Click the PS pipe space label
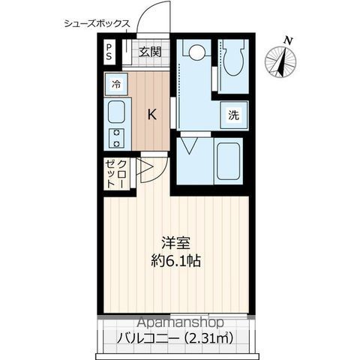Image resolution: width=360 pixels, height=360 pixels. click(x=109, y=52)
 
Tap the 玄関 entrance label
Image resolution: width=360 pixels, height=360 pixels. click(x=150, y=52)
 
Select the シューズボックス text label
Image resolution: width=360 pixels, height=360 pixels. click(x=97, y=24)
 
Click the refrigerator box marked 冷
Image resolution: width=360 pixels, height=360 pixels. click(x=116, y=84)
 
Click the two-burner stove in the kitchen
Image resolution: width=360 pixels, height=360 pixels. click(x=116, y=138)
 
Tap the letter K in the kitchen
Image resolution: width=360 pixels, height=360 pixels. click(x=151, y=115)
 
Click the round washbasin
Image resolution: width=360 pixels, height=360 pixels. click(x=196, y=52)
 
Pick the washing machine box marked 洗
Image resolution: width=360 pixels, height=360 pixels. click(x=234, y=115)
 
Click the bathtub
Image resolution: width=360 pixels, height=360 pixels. click(x=228, y=161)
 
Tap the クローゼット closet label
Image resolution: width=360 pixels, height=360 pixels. click(x=115, y=174)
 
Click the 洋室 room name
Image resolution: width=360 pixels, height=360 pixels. click(x=175, y=243)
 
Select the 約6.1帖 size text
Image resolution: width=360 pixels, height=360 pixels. click(x=176, y=261)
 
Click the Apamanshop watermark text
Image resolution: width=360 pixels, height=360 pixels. click(x=181, y=322)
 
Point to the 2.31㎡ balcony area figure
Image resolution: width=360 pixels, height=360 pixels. click(x=209, y=338)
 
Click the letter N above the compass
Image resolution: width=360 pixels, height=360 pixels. click(x=289, y=40)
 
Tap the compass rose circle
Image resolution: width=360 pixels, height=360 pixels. click(x=280, y=61)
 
